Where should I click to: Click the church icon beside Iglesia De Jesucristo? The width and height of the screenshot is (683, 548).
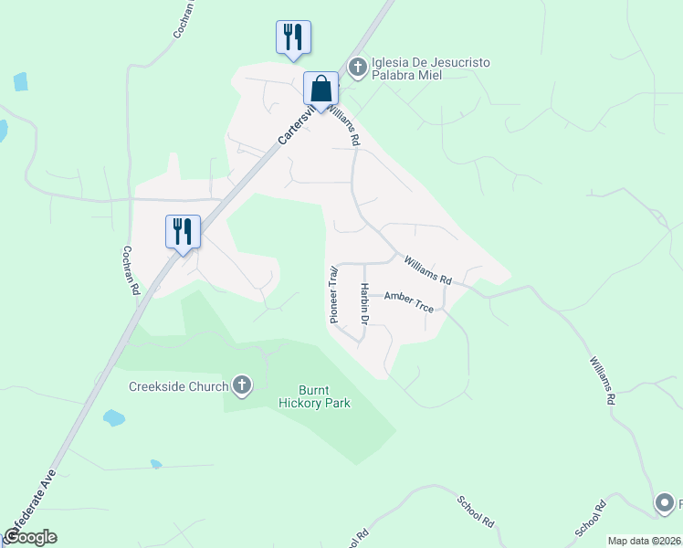pos(357,67)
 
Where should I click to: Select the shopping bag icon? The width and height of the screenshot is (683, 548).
pos(320,90)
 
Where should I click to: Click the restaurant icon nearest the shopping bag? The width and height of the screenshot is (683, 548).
pos(293,37)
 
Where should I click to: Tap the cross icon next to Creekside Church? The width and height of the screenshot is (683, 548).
pos(242,386)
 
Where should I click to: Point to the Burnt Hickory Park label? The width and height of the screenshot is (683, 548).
pos(313,396)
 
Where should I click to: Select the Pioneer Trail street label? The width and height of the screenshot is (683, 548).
pos(334,294)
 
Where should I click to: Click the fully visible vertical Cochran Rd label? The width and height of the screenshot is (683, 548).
pos(131,269)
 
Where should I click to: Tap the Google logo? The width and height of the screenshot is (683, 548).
pos(30,537)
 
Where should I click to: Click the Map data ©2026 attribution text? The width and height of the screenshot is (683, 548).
pos(644,541)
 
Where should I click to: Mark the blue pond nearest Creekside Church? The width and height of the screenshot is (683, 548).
pos(113,418)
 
